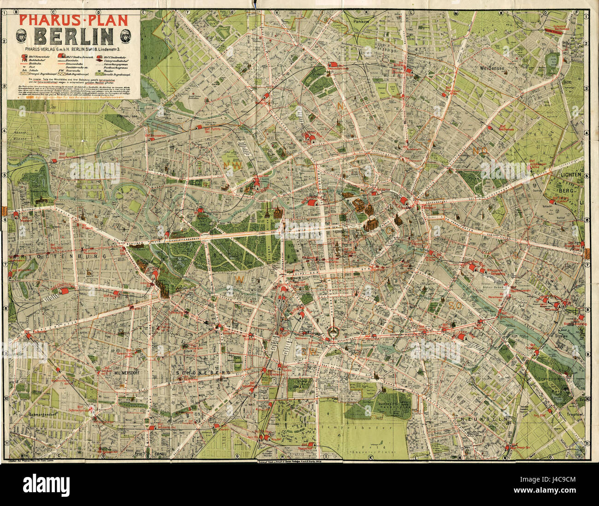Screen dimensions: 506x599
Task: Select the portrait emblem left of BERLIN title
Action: [x=21, y=35]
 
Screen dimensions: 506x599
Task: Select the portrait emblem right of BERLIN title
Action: [x=126, y=35]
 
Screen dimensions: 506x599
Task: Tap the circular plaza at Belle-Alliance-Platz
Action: [x=331, y=333]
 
